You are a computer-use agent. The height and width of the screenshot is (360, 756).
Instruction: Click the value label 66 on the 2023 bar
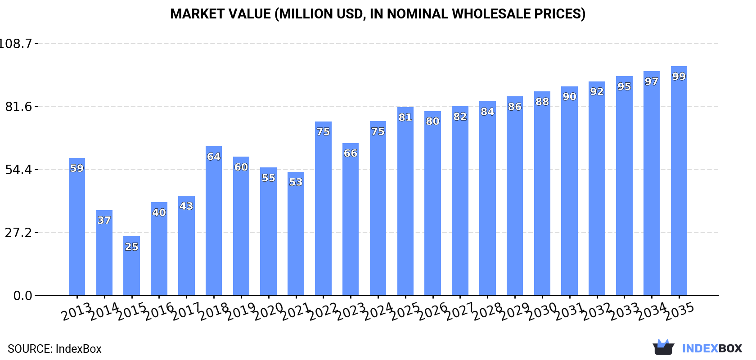351,153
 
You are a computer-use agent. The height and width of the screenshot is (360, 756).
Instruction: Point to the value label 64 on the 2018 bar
214,157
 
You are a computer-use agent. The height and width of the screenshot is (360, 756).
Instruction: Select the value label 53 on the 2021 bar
296,182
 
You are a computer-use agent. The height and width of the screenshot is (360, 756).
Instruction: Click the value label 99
679,76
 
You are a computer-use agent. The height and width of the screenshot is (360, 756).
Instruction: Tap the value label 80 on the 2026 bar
432,121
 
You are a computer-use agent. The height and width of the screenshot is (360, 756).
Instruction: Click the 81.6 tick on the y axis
19,107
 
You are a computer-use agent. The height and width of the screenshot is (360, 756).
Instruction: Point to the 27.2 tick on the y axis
19,233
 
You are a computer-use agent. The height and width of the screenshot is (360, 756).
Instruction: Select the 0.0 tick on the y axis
22,296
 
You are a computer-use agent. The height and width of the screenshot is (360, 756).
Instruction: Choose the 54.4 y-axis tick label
19,170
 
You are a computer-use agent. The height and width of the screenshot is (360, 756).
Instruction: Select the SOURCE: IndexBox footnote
54,349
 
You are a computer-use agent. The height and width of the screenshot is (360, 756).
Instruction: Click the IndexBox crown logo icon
663,347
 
